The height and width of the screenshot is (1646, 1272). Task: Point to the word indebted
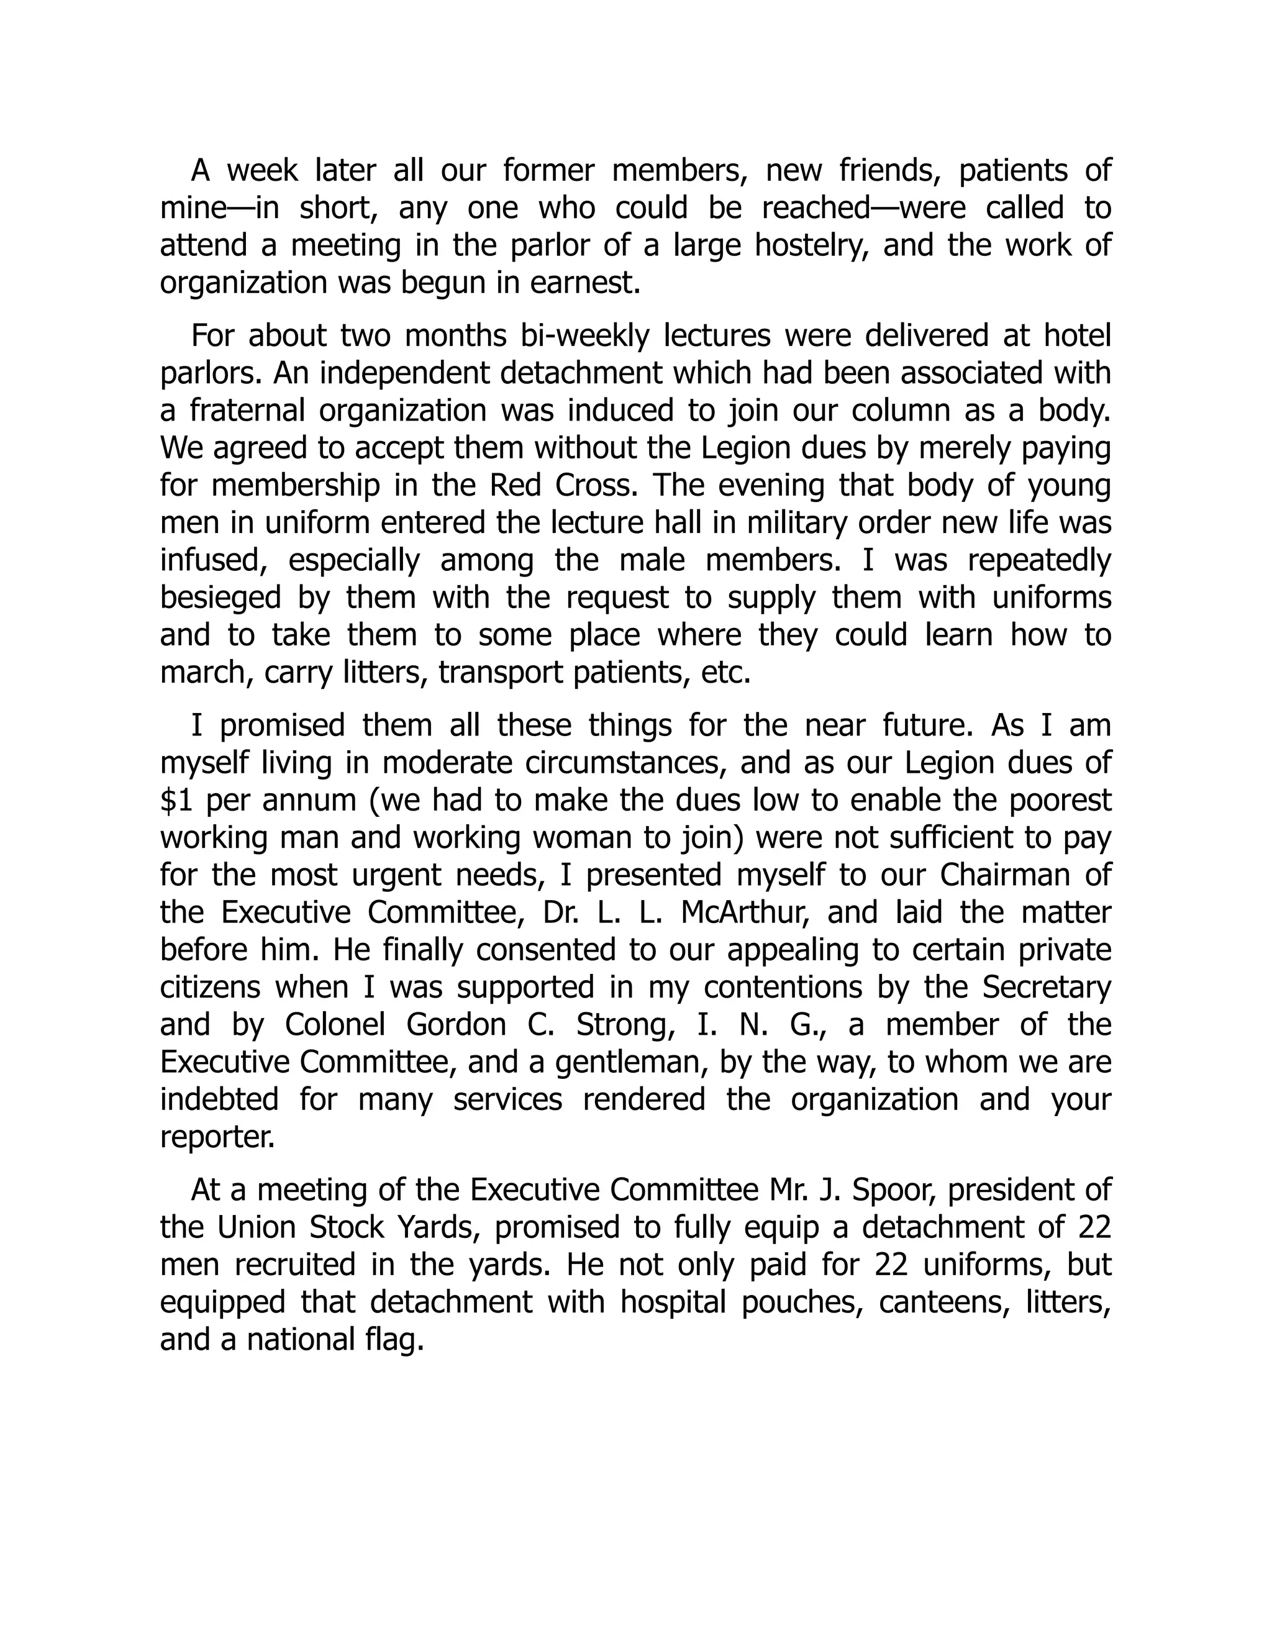coord(219,1099)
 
